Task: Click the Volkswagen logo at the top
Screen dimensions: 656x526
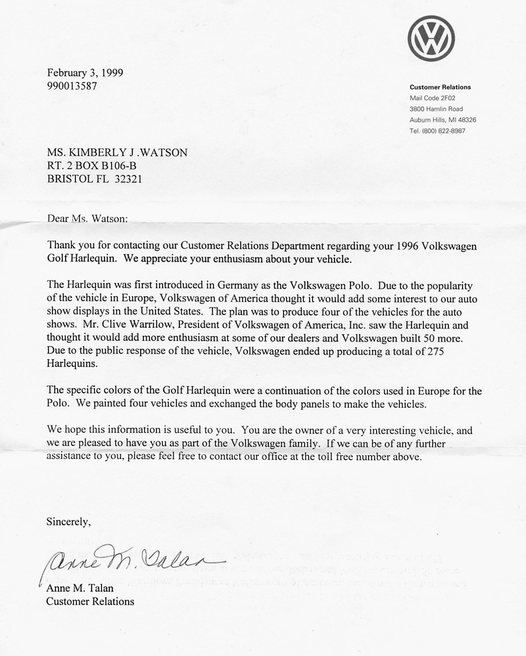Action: point(431,38)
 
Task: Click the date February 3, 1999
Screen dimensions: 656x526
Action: point(85,73)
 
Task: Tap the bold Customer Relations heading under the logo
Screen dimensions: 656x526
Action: point(440,87)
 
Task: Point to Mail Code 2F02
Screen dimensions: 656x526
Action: point(433,98)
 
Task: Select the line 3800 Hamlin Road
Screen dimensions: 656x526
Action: point(436,109)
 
